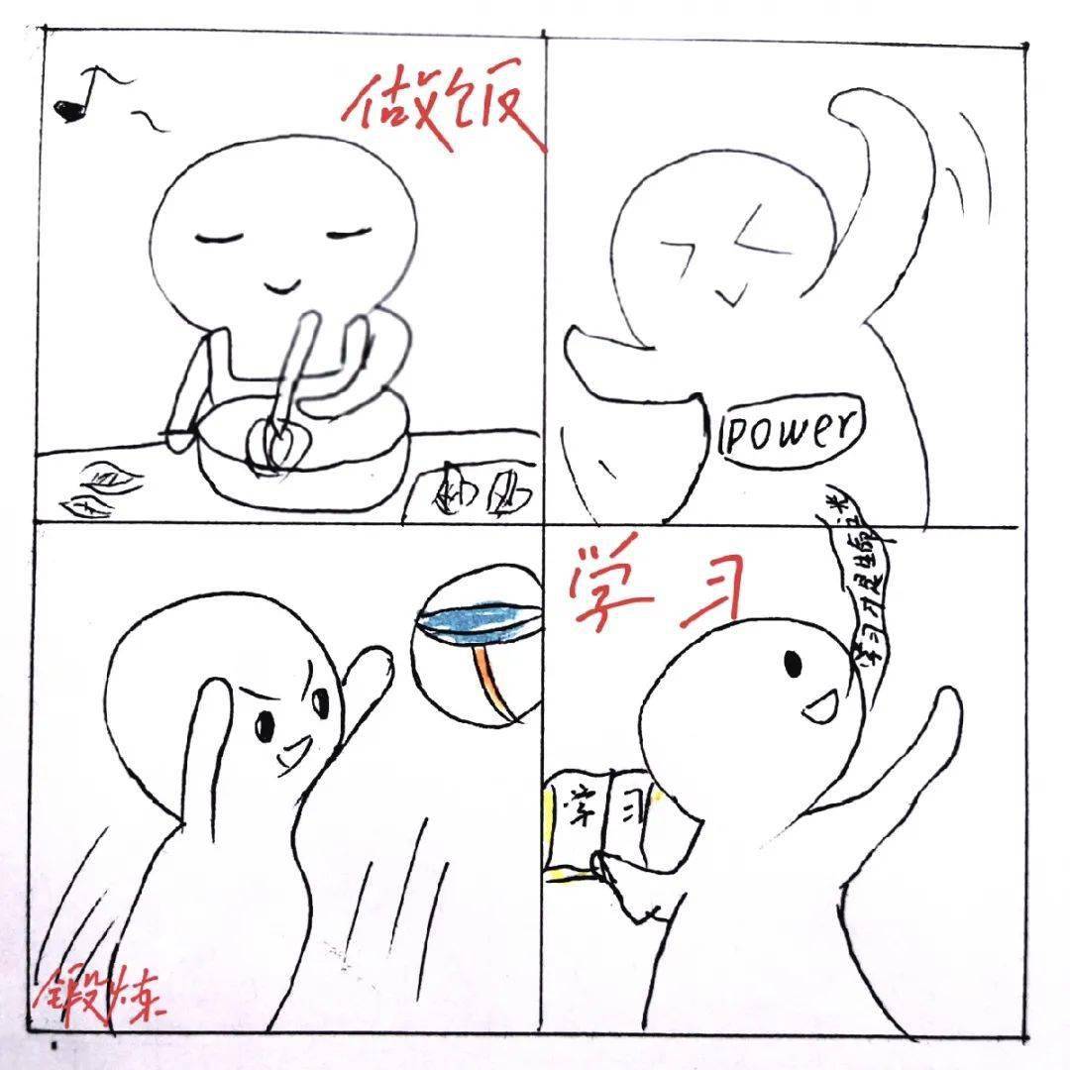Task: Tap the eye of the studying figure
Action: tap(793, 661)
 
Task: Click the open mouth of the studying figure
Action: tap(818, 706)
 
